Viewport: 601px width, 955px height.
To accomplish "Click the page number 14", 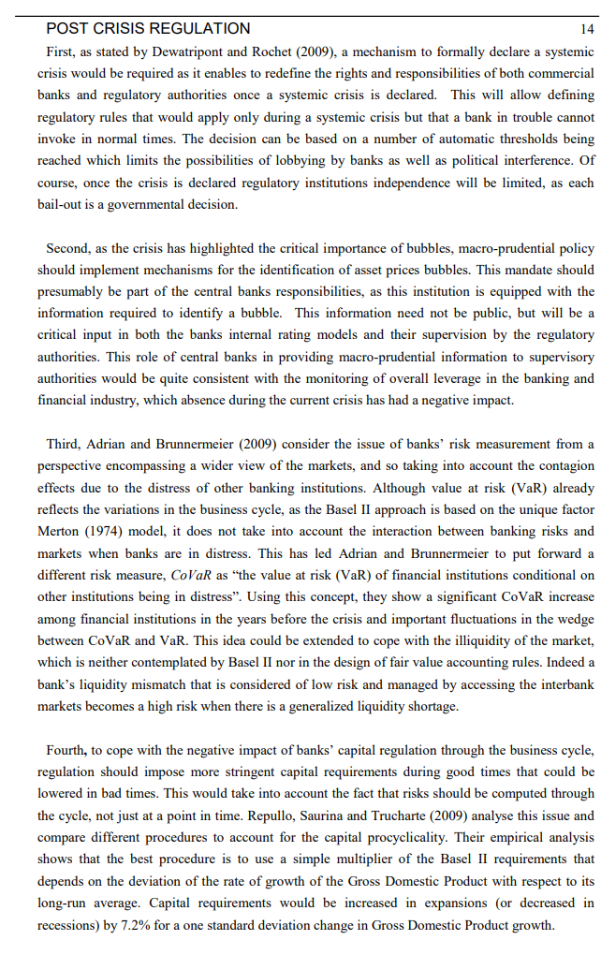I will pos(587,29).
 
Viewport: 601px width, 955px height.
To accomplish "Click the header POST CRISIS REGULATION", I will pos(148,29).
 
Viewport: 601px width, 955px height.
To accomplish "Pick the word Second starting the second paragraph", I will pos(66,248).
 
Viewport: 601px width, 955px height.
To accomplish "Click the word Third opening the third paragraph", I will pos(63,444).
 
